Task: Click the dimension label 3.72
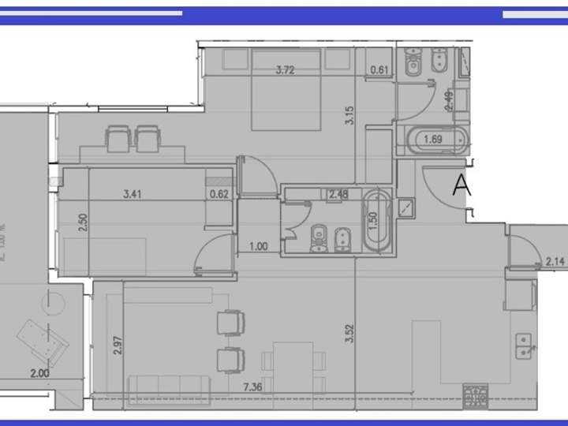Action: [286, 70]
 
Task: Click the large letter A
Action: [461, 186]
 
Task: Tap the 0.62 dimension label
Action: [219, 192]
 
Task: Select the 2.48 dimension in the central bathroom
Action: [339, 193]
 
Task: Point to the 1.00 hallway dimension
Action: [258, 246]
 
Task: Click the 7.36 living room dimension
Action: [252, 387]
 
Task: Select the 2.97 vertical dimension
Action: [117, 345]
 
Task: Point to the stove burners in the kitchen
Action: [476, 393]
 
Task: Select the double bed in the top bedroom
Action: [286, 89]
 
